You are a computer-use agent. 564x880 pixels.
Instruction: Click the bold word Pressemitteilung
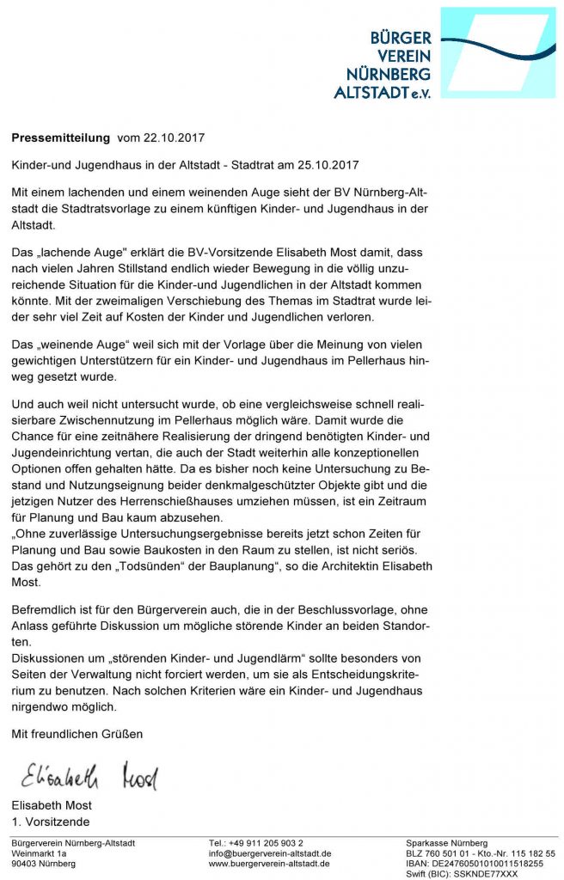pos(60,137)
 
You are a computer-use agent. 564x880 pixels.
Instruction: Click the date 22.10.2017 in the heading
pos(174,137)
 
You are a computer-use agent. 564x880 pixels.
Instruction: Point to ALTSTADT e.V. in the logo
pos(383,92)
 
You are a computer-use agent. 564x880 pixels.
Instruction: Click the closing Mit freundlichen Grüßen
pos(77,734)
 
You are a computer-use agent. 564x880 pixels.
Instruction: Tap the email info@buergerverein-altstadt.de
pos(270,853)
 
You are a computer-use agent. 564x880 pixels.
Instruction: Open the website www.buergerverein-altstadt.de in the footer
pos(270,864)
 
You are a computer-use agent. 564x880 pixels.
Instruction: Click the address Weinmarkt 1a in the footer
pos(39,853)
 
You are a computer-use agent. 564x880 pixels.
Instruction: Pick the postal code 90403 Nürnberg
pos(43,864)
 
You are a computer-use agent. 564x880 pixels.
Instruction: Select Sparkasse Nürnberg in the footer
pos(446,843)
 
